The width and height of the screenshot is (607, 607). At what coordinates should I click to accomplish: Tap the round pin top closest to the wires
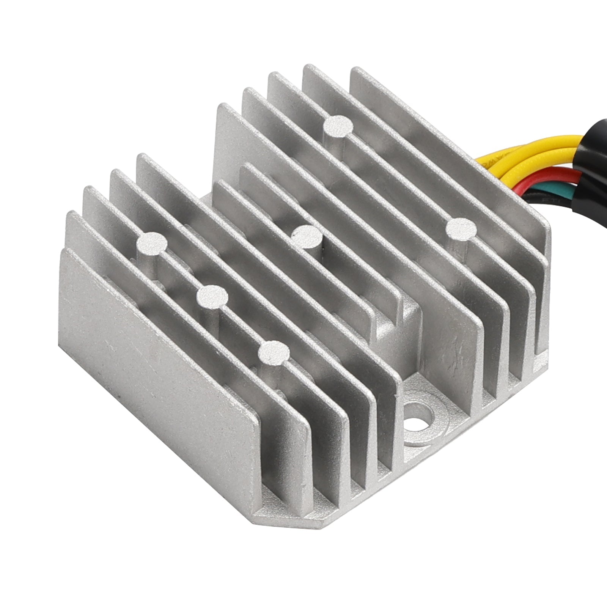point(461,230)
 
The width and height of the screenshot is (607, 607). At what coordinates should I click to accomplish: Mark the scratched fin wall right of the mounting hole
point(451,341)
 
